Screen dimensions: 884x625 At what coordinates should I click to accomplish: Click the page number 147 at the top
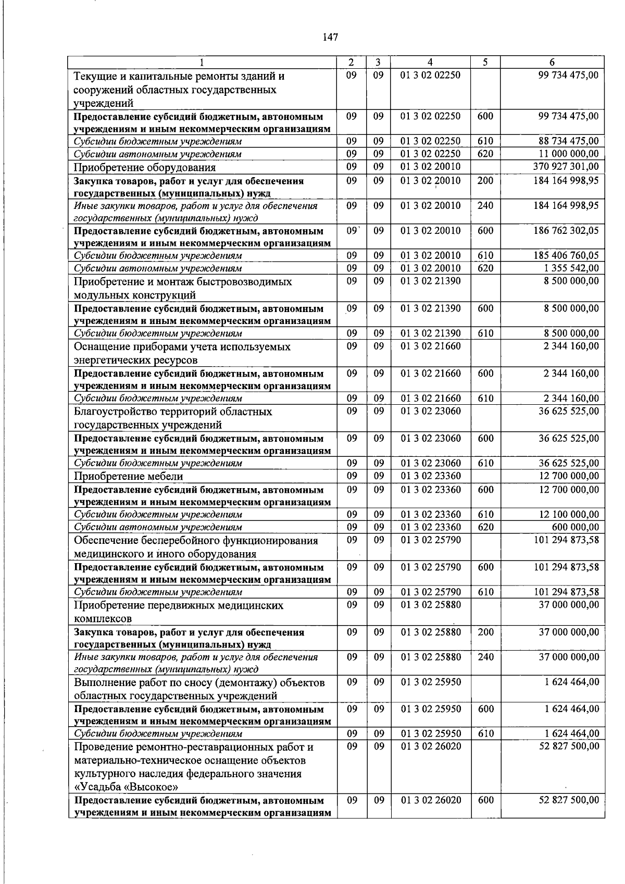(x=330, y=37)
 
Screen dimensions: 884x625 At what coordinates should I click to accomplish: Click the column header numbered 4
(x=430, y=62)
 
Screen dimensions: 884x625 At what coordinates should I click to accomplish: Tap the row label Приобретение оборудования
(x=145, y=168)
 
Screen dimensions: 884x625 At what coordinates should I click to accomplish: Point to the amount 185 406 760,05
(x=566, y=255)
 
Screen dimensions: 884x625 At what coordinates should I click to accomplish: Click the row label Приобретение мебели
(x=129, y=476)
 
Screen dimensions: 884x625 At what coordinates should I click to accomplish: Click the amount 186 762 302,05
(x=566, y=230)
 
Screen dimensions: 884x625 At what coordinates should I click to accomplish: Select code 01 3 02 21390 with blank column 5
(x=430, y=281)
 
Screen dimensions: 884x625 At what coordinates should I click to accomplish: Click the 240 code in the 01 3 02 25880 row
(x=485, y=657)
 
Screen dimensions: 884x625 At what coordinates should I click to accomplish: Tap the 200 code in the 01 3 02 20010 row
(x=485, y=181)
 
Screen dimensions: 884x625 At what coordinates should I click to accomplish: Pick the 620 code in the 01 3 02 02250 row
(x=485, y=154)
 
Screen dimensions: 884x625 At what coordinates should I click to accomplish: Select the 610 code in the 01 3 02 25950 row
(x=485, y=733)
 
